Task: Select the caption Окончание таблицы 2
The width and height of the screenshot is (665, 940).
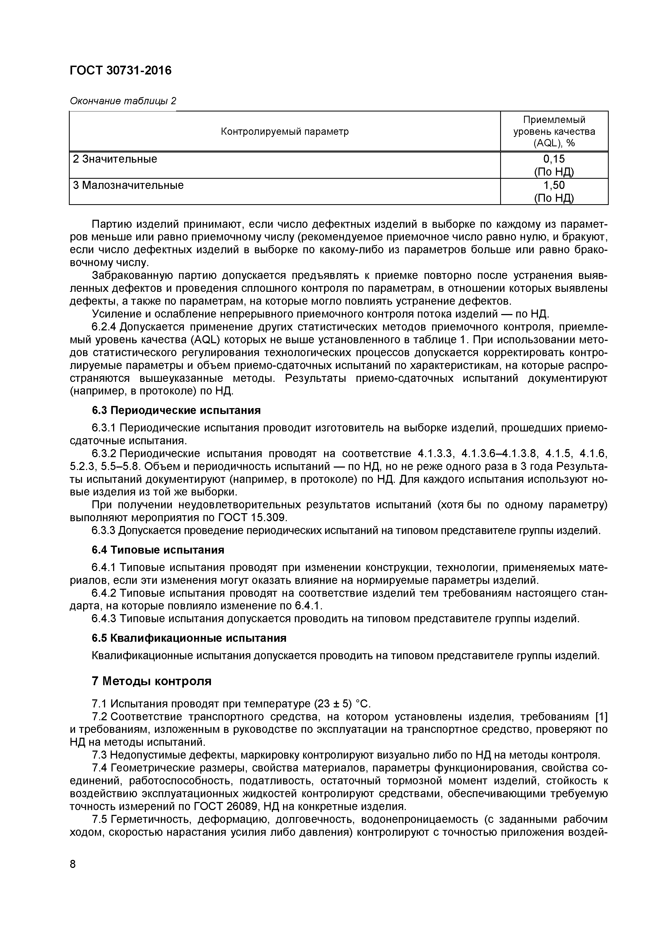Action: pos(123,101)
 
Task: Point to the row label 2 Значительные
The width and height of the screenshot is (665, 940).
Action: pos(115,159)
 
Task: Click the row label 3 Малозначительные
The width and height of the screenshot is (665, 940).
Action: pos(128,185)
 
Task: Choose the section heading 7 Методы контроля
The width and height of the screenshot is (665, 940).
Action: pos(151,681)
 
